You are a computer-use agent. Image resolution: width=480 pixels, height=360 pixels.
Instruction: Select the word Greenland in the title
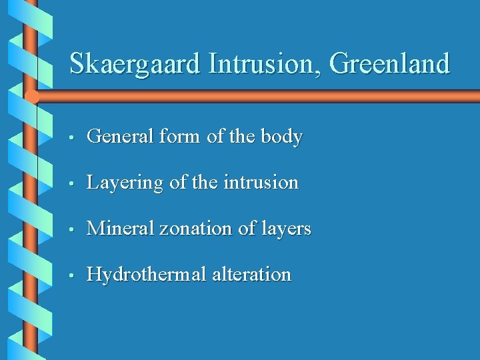389,64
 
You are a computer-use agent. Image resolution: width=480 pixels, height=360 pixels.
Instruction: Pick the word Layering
125,183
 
